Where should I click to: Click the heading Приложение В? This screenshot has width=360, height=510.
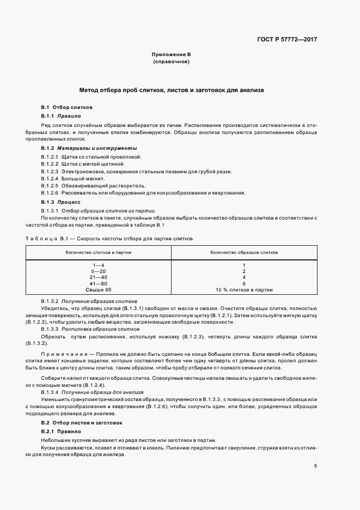point(171,55)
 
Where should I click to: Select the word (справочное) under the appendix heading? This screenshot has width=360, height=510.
point(171,62)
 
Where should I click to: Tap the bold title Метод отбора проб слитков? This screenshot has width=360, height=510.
point(172,90)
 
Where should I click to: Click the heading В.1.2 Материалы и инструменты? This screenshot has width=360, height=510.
point(89,148)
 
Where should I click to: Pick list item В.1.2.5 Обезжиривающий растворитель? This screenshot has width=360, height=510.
point(87,185)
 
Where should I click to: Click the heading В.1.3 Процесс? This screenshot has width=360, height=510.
point(61,202)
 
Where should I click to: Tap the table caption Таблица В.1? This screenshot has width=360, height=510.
point(46,239)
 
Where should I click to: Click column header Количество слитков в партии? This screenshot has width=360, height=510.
point(99,253)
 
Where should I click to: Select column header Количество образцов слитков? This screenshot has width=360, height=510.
point(244,253)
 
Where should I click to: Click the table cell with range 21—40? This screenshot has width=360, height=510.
point(99,277)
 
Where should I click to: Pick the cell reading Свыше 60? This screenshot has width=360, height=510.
point(99,290)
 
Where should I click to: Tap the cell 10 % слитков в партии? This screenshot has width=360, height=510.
point(244,290)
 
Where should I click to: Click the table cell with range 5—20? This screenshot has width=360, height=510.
point(99,271)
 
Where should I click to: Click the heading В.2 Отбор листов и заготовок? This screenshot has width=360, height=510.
point(82,423)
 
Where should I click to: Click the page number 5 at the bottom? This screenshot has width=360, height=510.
point(315,466)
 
